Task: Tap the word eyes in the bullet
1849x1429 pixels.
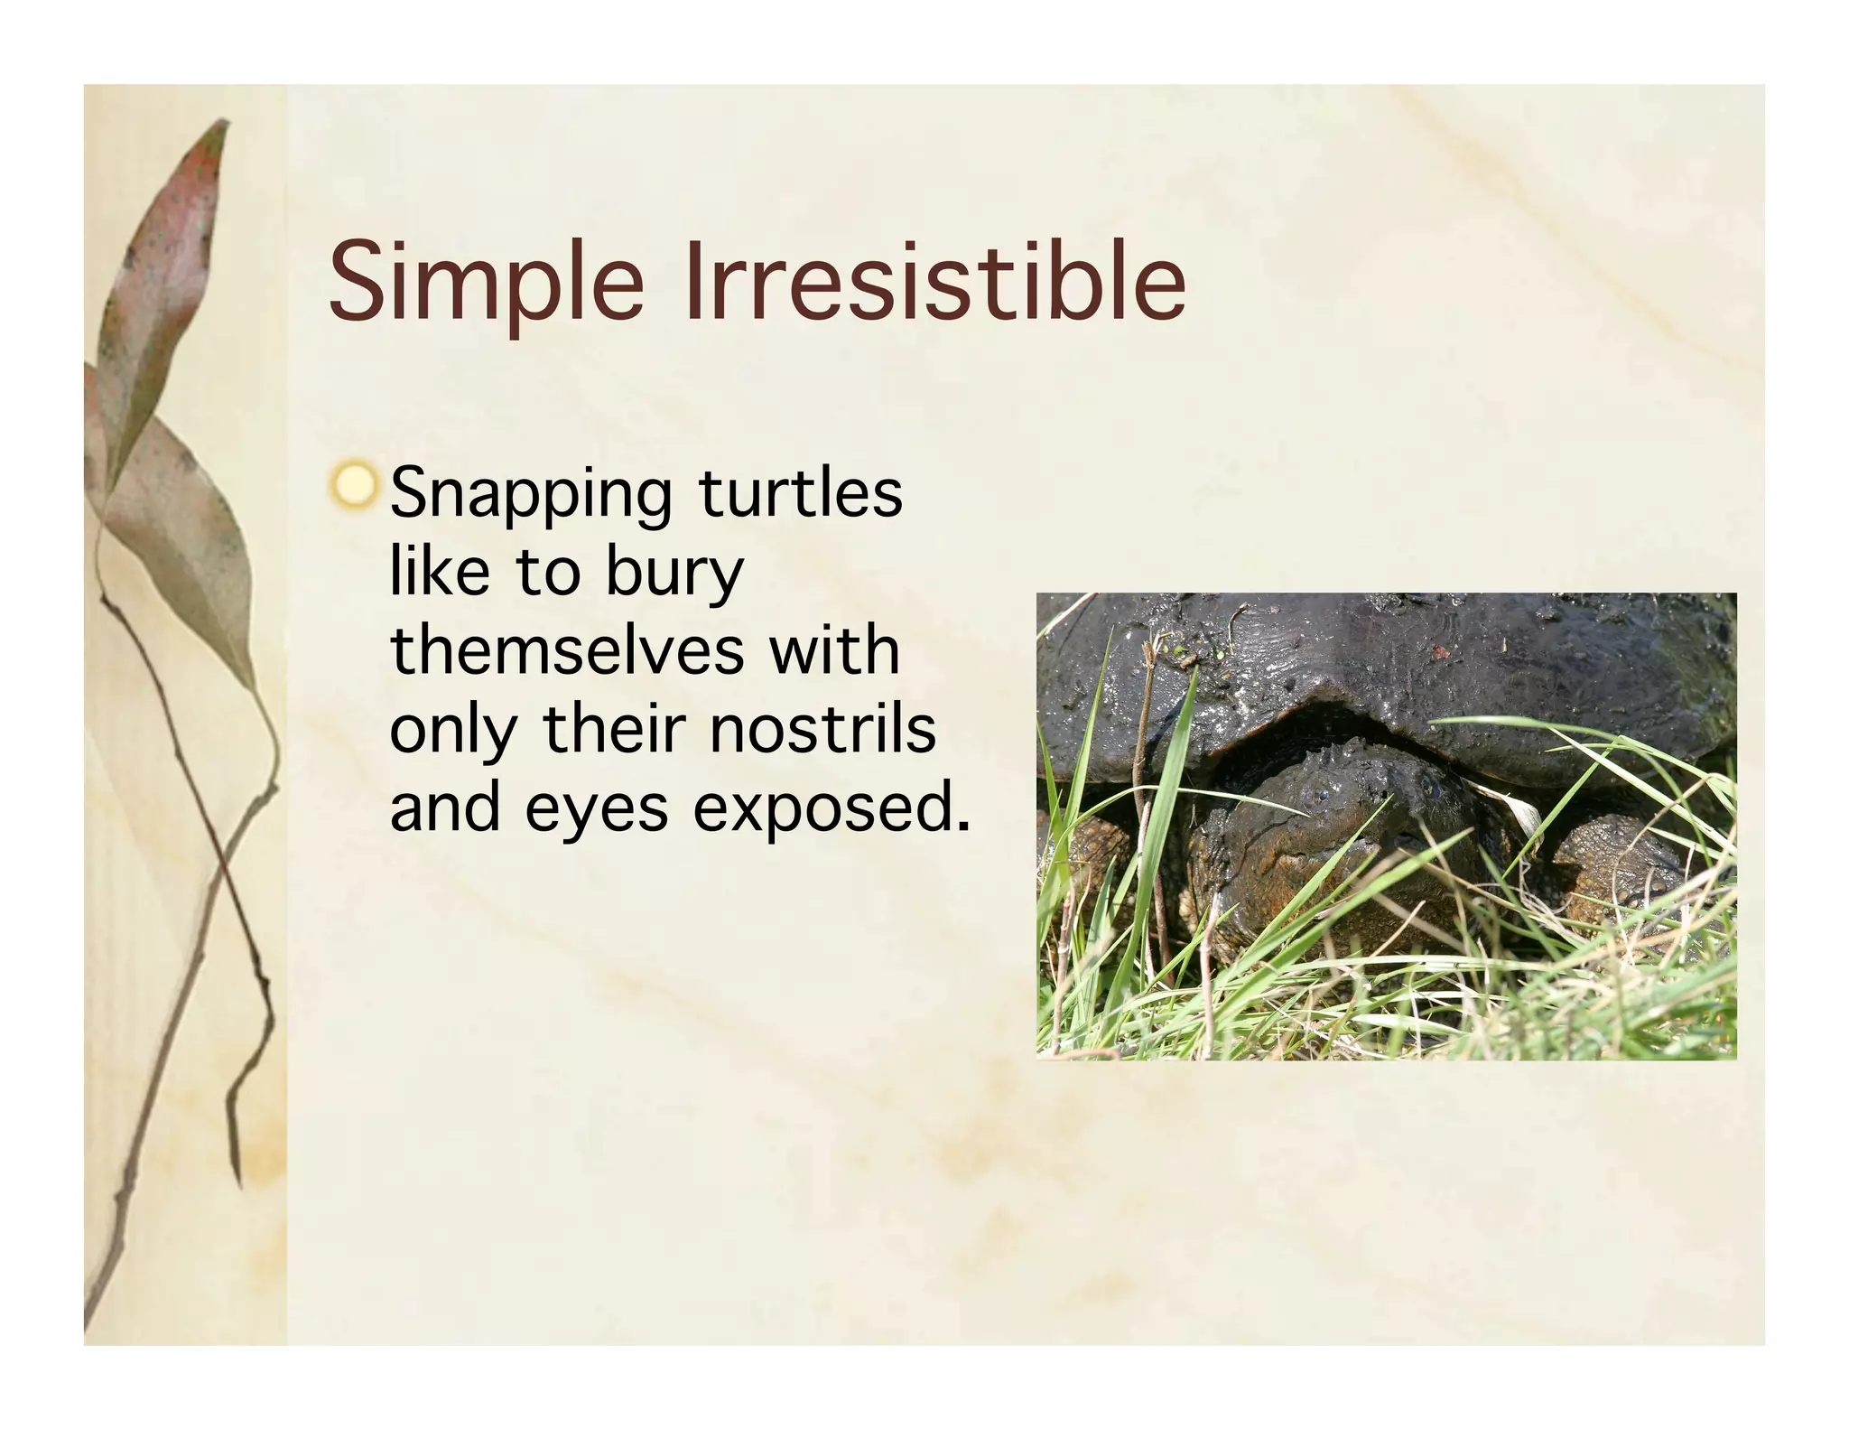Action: coord(596,809)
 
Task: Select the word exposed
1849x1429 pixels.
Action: coord(831,809)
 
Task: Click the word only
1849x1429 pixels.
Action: coord(452,730)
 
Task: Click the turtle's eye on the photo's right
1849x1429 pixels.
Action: coord(1429,786)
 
